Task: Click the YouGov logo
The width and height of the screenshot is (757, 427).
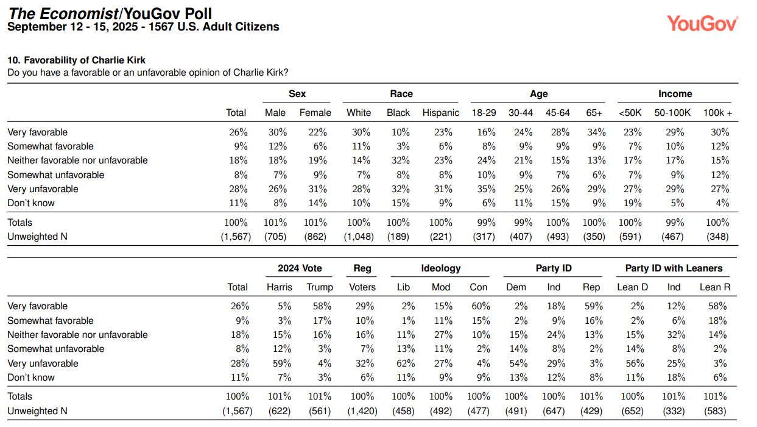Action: coord(702,24)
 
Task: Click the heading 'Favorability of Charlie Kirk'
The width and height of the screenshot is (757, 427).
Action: coord(85,60)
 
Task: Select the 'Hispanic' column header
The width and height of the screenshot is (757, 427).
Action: coord(441,113)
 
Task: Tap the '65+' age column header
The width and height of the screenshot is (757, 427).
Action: coord(594,113)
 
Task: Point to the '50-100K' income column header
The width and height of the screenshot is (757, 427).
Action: coord(672,113)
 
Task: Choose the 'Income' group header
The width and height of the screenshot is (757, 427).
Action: coord(675,94)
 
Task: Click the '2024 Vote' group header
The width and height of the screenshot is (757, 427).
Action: coord(300,268)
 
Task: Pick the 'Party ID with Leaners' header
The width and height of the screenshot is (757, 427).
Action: coord(674,268)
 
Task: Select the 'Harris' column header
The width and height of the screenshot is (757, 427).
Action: coord(280,287)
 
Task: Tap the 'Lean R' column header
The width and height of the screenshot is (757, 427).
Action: coord(715,287)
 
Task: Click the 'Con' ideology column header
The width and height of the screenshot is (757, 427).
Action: coord(478,287)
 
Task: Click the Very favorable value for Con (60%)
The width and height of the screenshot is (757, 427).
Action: coord(481,306)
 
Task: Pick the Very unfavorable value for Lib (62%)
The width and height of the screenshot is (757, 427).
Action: coord(406,364)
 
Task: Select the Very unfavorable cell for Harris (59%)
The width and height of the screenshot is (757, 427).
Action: coord(282,364)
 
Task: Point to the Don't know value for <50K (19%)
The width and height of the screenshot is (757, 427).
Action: coord(632,203)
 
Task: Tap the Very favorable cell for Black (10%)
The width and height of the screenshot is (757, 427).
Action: coord(401,132)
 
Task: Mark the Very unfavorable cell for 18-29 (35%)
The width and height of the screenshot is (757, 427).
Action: coord(487,189)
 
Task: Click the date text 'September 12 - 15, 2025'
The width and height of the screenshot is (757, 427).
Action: coord(72,27)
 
